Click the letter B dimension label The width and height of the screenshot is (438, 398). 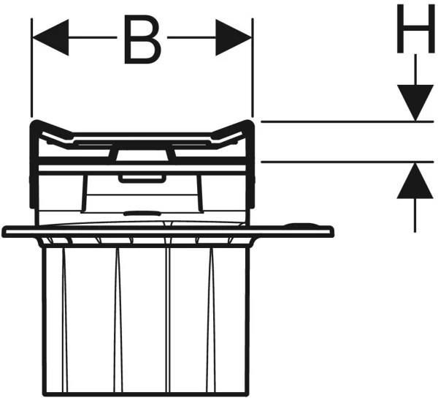coord(142,40)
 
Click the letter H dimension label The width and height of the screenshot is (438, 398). coord(416,29)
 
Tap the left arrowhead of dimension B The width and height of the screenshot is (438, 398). coord(50,37)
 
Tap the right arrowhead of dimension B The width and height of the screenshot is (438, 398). coord(234,37)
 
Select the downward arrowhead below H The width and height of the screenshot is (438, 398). coord(415,102)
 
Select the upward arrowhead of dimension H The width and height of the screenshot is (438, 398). coord(415,181)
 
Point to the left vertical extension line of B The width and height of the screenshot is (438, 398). coord(32,68)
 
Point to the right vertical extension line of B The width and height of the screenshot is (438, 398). coord(253,68)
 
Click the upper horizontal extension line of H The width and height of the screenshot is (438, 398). coord(347,121)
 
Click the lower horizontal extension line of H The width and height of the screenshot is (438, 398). coord(347,162)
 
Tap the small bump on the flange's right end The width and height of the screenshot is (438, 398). coord(300,225)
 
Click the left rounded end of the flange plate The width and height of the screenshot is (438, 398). coord(4,232)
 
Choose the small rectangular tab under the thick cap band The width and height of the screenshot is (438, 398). coord(142,179)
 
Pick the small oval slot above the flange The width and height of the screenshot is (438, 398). coord(142,214)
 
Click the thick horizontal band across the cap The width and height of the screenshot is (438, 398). coord(142,161)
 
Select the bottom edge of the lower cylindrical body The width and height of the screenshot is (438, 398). coord(145,394)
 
